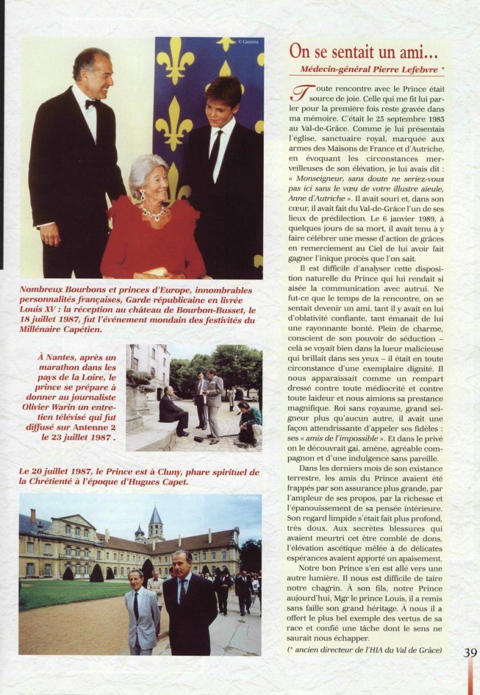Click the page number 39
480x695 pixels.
click(470, 652)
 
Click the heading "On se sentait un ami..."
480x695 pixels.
click(363, 51)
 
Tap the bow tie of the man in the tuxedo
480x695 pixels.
click(92, 103)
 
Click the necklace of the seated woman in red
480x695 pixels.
click(153, 214)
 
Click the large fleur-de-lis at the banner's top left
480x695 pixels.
click(175, 61)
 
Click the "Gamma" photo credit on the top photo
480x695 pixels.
click(249, 42)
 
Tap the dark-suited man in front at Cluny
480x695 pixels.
click(189, 607)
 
